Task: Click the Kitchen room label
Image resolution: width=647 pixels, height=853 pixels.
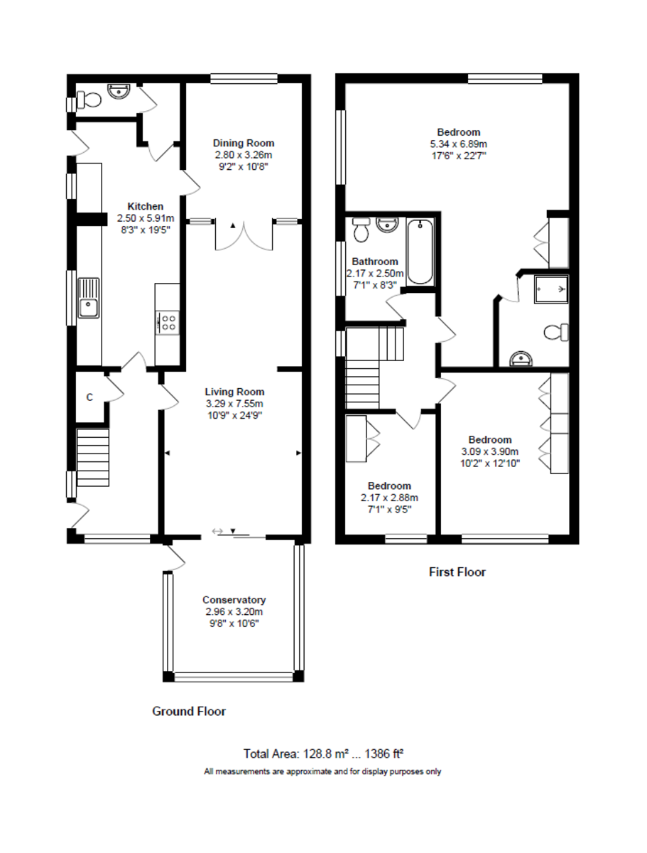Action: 145,206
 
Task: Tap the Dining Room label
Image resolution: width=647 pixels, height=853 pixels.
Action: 244,143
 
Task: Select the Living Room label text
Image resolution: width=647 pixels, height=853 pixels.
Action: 234,392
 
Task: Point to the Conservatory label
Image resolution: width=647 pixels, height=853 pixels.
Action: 234,599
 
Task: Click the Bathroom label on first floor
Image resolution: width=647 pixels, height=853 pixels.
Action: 374,262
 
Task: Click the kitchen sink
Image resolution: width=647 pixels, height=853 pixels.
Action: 89,299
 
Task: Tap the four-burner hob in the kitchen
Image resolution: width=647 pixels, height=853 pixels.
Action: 169,323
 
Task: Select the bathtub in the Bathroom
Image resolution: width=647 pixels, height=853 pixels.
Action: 421,252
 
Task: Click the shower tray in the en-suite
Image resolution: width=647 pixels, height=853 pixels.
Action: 553,288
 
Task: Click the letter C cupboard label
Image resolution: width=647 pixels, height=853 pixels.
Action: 89,397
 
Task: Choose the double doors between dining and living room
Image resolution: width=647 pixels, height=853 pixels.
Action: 244,237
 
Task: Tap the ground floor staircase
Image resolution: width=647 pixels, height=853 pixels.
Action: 93,456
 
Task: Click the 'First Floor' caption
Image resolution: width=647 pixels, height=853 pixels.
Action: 457,572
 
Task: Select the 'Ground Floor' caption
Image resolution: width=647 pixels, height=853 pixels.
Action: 189,711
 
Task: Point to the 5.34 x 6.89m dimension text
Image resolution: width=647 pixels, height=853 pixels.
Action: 458,143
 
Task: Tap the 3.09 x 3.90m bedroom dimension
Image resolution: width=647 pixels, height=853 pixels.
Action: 489,451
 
